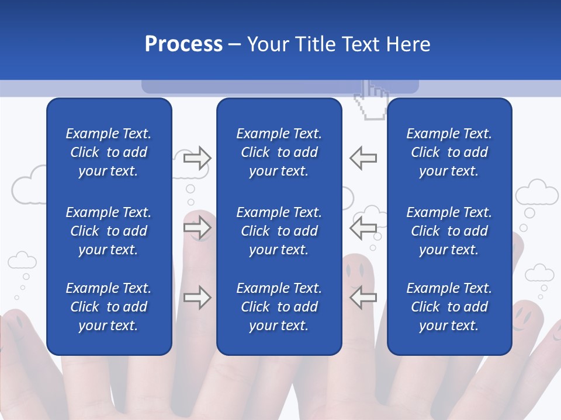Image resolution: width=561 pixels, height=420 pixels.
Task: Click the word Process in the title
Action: point(183,44)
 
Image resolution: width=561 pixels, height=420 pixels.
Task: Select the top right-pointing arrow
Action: point(197,158)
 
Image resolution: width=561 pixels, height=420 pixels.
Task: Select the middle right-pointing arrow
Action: point(197,228)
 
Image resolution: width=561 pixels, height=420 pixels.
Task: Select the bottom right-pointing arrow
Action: point(197,297)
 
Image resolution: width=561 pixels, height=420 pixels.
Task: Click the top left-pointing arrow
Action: point(363,158)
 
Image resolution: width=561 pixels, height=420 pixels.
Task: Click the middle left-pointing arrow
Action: point(363,228)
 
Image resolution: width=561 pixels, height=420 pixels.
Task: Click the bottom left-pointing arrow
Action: point(363,297)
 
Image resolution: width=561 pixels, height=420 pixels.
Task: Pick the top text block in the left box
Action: point(109,152)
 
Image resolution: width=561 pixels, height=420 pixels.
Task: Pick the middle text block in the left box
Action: point(109,231)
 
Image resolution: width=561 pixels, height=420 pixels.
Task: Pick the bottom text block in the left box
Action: point(109,307)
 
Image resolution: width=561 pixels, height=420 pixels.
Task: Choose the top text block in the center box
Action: point(279,152)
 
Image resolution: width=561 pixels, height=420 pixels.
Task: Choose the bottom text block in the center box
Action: point(279,307)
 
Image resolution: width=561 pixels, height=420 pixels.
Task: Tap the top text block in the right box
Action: point(449,152)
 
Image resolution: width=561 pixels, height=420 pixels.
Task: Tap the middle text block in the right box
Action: point(449,231)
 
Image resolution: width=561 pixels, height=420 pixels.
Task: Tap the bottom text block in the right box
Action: point(449,307)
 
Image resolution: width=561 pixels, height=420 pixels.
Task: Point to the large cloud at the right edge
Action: point(536,192)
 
